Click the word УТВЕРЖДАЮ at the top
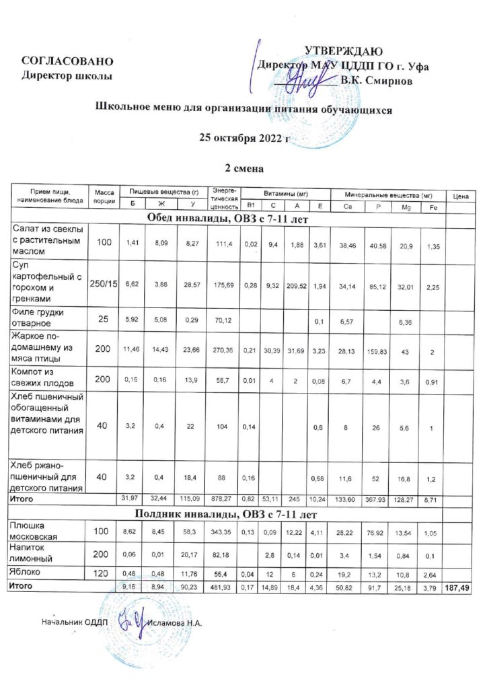point(344,52)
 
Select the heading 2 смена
point(243,168)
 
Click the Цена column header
point(461,196)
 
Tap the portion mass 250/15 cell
point(104,284)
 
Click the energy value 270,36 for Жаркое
point(222,350)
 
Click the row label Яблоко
point(27,571)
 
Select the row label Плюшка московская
point(38,532)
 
